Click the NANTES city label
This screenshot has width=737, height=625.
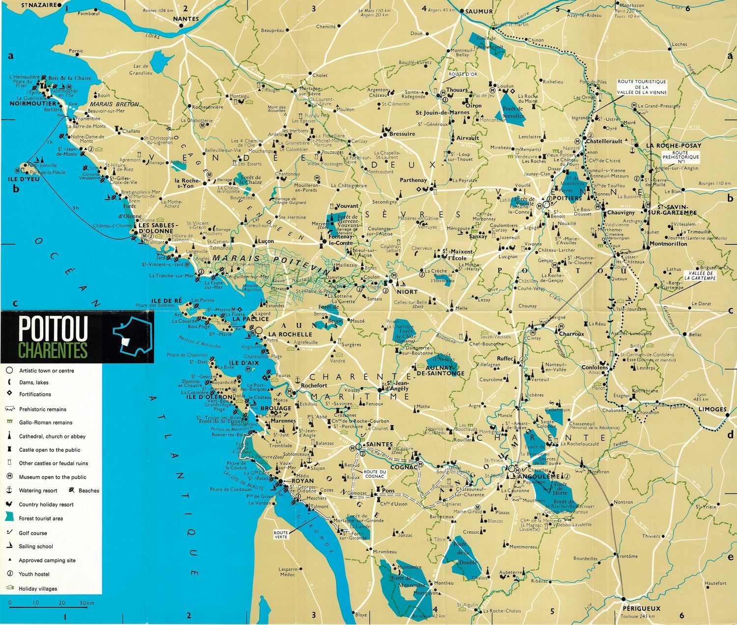click(186, 19)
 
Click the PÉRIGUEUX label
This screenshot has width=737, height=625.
click(639, 608)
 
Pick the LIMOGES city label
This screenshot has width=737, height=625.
click(712, 409)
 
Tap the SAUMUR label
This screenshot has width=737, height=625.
click(479, 11)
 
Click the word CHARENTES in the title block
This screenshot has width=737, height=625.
click(53, 350)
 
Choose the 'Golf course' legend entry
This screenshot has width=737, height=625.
click(33, 533)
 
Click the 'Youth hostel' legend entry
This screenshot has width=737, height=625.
click(34, 574)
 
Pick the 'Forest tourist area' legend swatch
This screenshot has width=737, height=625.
click(10, 517)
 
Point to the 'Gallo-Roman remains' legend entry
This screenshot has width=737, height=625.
click(45, 423)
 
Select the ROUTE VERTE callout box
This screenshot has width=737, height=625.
click(281, 535)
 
